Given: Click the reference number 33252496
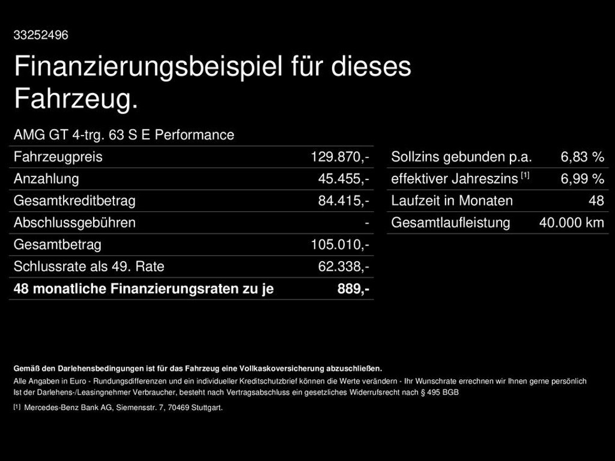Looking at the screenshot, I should click(41, 35).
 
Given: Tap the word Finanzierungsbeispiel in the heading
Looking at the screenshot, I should click(148, 66).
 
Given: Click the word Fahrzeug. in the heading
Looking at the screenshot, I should click(76, 99).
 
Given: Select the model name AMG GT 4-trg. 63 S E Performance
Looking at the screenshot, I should click(124, 135).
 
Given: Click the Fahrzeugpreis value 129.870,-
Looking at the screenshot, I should click(339, 157).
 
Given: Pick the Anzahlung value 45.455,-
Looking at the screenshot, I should click(343, 179).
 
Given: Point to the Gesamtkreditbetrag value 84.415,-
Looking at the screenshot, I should click(343, 201).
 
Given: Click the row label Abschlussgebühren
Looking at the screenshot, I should click(74, 223).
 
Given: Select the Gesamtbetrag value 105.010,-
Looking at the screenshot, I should click(339, 245).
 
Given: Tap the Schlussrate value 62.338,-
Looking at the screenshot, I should click(343, 267).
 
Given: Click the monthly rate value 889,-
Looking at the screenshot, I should click(353, 289).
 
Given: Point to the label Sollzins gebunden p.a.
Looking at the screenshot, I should click(461, 157).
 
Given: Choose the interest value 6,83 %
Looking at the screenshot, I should click(582, 157).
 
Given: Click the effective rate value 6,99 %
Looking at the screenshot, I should click(582, 179).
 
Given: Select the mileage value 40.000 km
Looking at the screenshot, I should click(571, 223).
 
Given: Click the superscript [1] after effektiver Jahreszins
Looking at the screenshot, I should click(526, 175).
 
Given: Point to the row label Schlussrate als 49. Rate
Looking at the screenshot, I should click(89, 267).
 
